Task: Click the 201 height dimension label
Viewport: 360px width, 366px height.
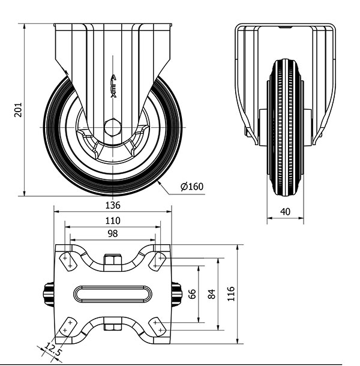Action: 18,109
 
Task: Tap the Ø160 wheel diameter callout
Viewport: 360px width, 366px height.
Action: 192,187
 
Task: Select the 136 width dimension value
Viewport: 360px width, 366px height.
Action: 113,205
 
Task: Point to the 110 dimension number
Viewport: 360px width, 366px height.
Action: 113,221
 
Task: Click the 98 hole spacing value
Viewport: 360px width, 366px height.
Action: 113,233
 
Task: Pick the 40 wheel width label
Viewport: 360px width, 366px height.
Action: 285,212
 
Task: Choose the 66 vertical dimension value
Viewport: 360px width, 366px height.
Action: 192,294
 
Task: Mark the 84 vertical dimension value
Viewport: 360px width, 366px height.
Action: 212,294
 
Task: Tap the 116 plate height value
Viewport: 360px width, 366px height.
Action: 231,294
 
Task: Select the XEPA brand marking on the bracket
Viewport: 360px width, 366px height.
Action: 113,86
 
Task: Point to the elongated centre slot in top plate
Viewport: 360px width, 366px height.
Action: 113,294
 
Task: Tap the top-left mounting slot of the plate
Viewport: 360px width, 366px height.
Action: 68,262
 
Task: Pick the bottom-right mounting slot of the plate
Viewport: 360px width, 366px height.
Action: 157,326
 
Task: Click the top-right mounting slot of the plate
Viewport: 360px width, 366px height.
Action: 157,262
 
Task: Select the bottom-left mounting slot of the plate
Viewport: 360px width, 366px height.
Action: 67,326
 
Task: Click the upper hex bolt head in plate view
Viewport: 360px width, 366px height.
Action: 113,260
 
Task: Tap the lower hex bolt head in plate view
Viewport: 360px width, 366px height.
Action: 113,327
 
